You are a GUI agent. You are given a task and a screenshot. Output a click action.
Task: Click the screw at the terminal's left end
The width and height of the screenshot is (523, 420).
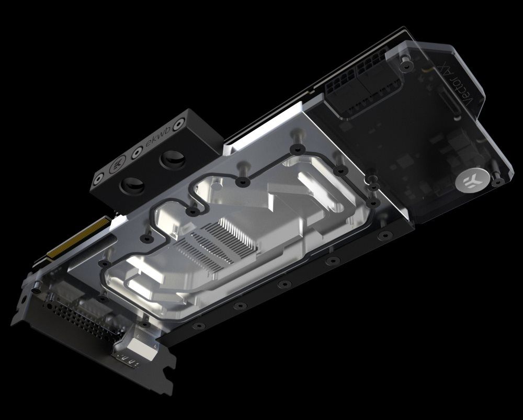(98, 182)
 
